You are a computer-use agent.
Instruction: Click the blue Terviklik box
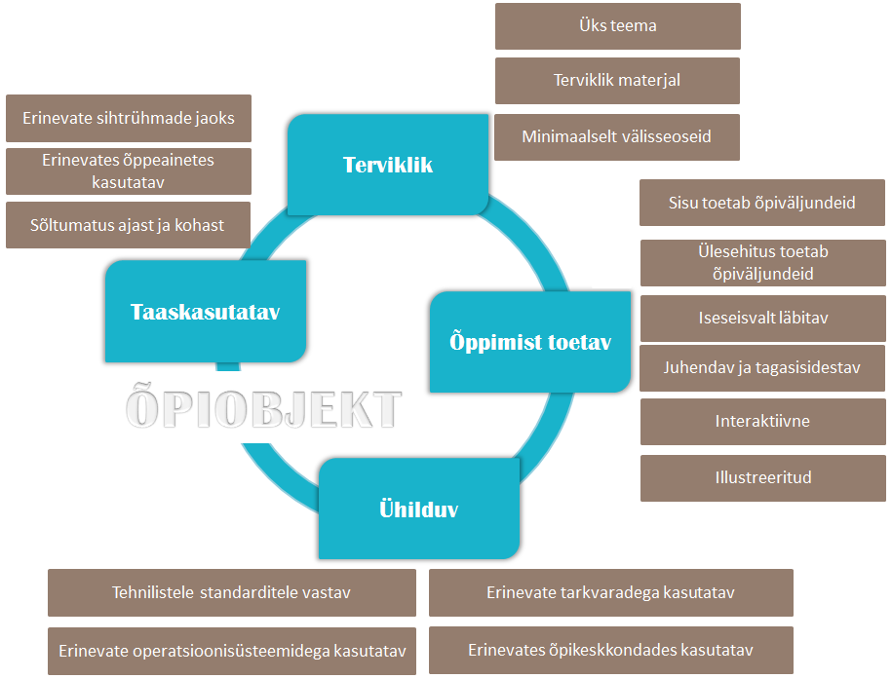point(388,165)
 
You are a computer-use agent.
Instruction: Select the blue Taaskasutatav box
point(205,312)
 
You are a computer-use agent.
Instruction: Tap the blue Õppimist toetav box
point(530,342)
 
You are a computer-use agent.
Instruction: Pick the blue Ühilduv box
point(418,509)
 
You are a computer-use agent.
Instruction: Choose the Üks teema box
point(617,26)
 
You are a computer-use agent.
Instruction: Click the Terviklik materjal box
point(617,81)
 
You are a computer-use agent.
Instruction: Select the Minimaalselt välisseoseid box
point(617,137)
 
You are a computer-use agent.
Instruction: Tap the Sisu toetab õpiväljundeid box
point(762,203)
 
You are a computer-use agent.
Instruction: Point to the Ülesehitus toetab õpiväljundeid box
point(762,263)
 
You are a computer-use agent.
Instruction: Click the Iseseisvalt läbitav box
point(762,319)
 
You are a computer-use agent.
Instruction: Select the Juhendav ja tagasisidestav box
point(762,368)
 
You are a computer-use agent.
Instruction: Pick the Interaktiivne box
point(762,422)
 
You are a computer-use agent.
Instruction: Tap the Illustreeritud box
point(762,477)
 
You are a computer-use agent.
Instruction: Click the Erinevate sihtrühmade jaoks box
point(129,119)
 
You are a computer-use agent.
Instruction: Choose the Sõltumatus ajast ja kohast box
point(129,225)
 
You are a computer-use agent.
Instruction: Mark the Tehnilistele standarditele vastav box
point(232,592)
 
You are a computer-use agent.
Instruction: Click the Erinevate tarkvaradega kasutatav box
point(610,592)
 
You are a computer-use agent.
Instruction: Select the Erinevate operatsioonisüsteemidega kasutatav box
point(232,651)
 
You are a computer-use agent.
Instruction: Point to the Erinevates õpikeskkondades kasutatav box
point(610,651)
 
